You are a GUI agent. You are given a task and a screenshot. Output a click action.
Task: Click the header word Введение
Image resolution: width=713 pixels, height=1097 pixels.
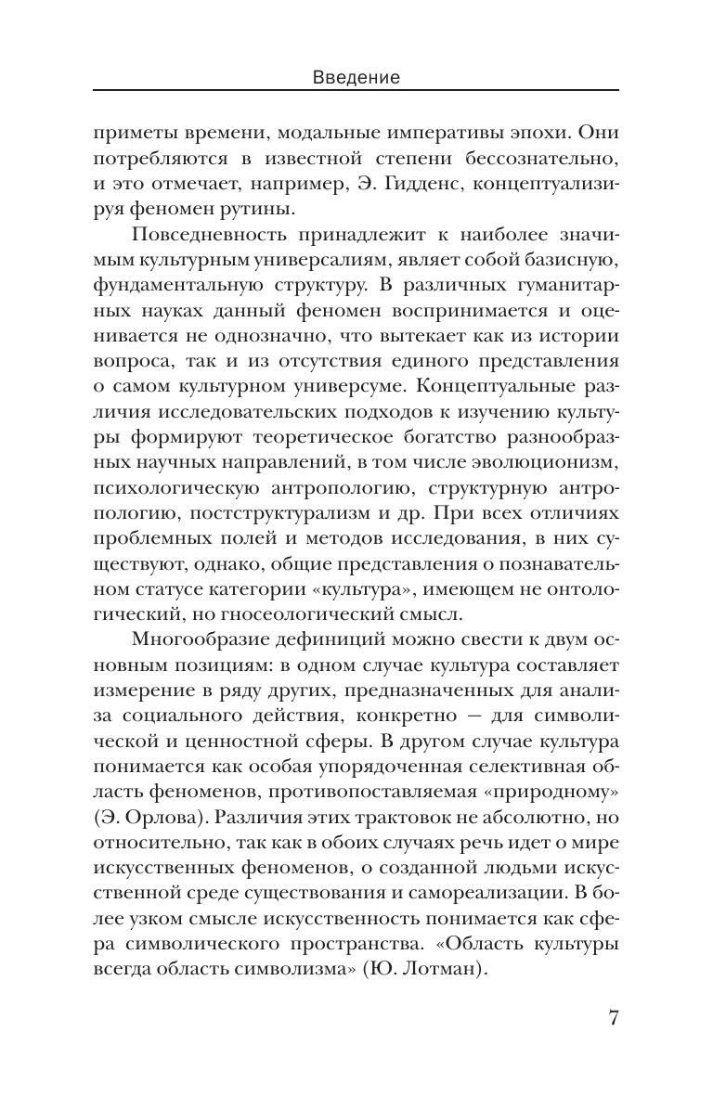(356, 78)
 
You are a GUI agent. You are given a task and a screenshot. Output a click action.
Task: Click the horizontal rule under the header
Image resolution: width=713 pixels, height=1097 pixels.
(356, 91)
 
